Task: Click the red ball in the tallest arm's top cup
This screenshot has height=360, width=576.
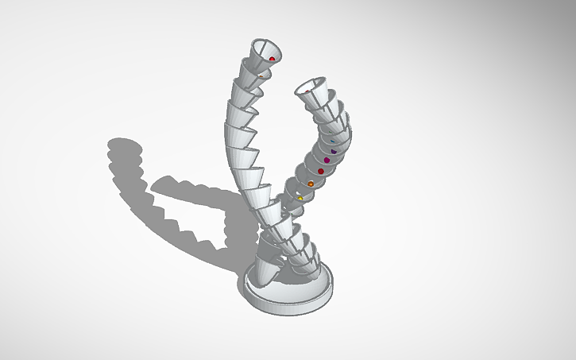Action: (272, 59)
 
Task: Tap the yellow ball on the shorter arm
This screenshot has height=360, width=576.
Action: (301, 198)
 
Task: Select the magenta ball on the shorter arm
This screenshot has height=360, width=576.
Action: (327, 161)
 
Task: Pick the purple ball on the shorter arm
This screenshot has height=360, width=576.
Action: (334, 151)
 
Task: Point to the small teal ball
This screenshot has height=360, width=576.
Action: (332, 141)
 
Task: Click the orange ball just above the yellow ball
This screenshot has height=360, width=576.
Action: (311, 184)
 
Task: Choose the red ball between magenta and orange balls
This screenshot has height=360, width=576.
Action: (321, 171)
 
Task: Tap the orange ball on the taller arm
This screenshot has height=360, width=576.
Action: (260, 77)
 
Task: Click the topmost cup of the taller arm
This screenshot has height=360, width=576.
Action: (264, 51)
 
